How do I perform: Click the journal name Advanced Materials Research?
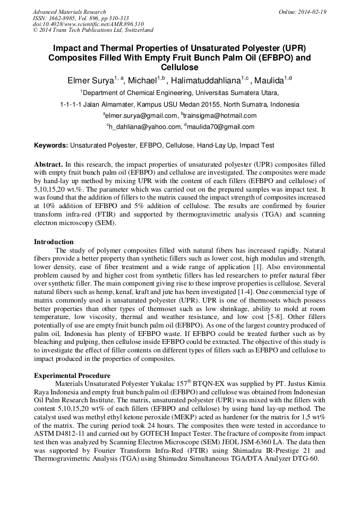pyautogui.click(x=69, y=12)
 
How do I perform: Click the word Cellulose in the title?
pyautogui.click(x=179, y=67)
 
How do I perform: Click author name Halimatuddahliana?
pyautogui.click(x=208, y=81)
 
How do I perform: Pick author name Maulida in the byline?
pyautogui.click(x=269, y=81)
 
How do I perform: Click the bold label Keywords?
pyautogui.click(x=51, y=145)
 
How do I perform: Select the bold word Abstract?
pyautogui.click(x=48, y=165)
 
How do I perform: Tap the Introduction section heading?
pyautogui.click(x=54, y=242)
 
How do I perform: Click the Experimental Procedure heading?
pyautogui.click(x=72, y=376)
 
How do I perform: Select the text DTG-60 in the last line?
pyautogui.click(x=306, y=459)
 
